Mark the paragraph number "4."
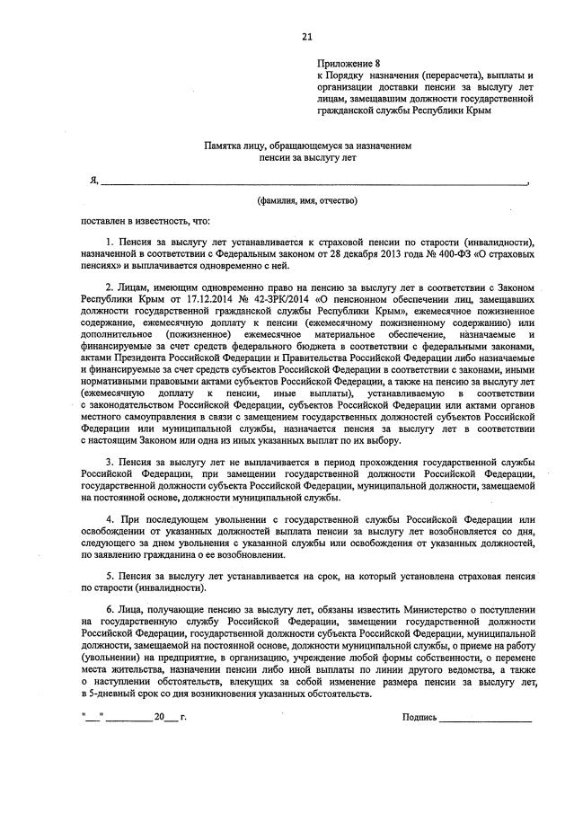tap(109, 520)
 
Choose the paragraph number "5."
tap(109, 576)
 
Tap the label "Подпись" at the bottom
tap(419, 718)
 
